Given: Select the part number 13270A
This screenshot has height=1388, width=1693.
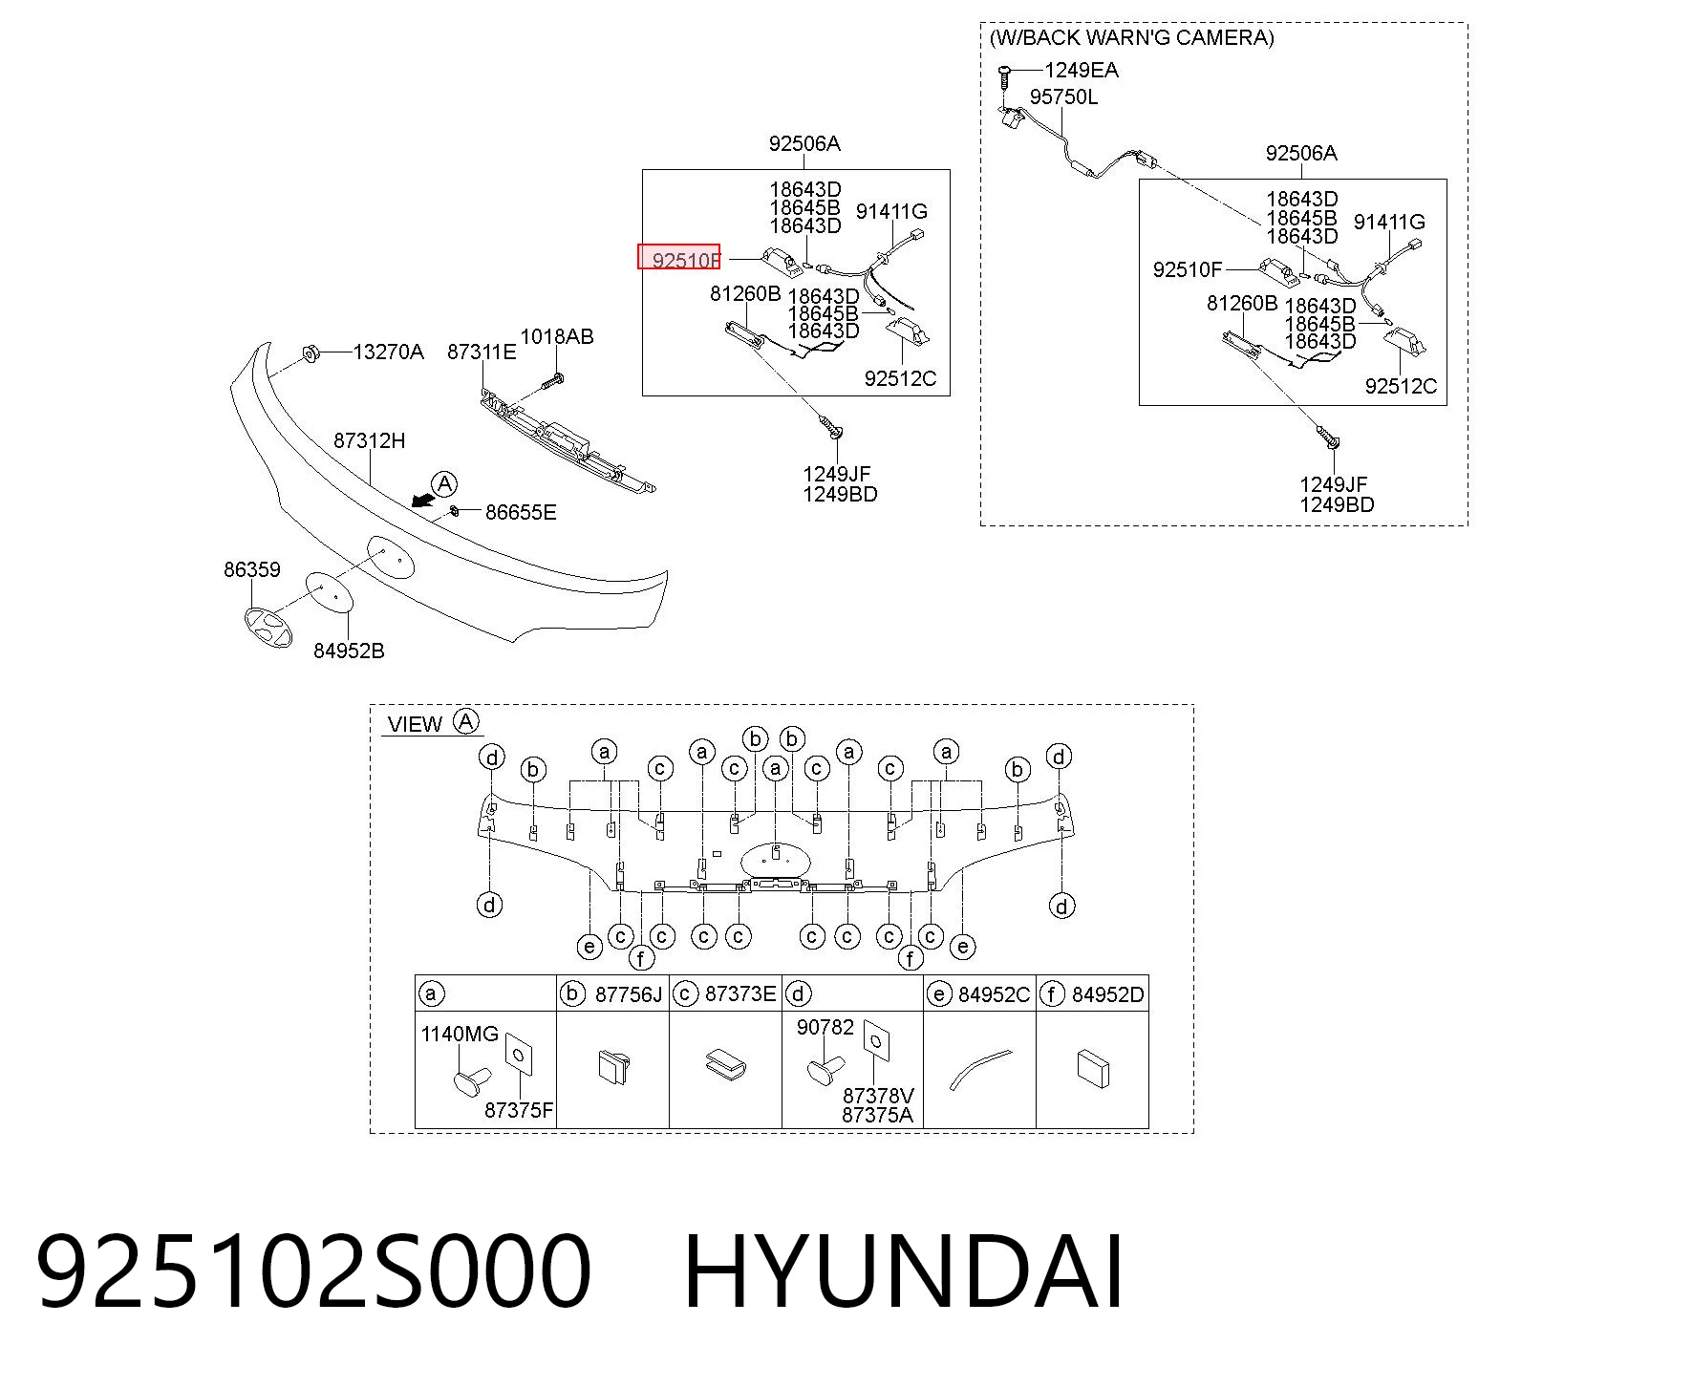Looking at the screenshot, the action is pos(388,352).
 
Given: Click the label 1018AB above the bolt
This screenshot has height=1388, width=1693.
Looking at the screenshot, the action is pos(557,336).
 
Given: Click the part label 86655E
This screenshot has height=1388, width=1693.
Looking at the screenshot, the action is pos(521,512).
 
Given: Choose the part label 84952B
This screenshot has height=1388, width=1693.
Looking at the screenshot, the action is pos(349,651).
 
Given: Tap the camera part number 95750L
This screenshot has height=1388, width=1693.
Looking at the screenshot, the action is pos(1063,96).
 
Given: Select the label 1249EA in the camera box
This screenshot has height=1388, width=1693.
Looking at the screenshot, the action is pos(1082,70).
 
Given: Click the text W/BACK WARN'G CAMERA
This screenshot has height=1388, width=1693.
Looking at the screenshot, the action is pos(1132,37).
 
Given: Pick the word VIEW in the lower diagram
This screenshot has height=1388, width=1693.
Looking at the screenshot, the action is pos(415,724).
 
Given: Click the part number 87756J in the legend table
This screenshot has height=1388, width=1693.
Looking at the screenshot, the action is pos(629,994).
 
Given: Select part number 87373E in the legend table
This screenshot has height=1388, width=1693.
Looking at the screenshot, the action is pos(740,993).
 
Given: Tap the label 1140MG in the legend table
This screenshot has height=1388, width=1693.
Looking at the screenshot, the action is pos(460,1034).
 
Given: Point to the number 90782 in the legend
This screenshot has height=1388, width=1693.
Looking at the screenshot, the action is pos(825,1027).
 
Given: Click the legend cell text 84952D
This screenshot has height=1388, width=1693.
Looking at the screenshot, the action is pos(1107,994).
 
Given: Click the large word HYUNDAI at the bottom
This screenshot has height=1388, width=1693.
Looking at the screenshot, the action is pos(904,1272).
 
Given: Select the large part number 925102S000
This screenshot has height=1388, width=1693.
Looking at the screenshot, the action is pos(314,1272).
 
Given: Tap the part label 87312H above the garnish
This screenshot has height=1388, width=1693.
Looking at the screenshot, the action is pos(369,440).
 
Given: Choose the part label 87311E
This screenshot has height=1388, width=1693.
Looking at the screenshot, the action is pos(482,352).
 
